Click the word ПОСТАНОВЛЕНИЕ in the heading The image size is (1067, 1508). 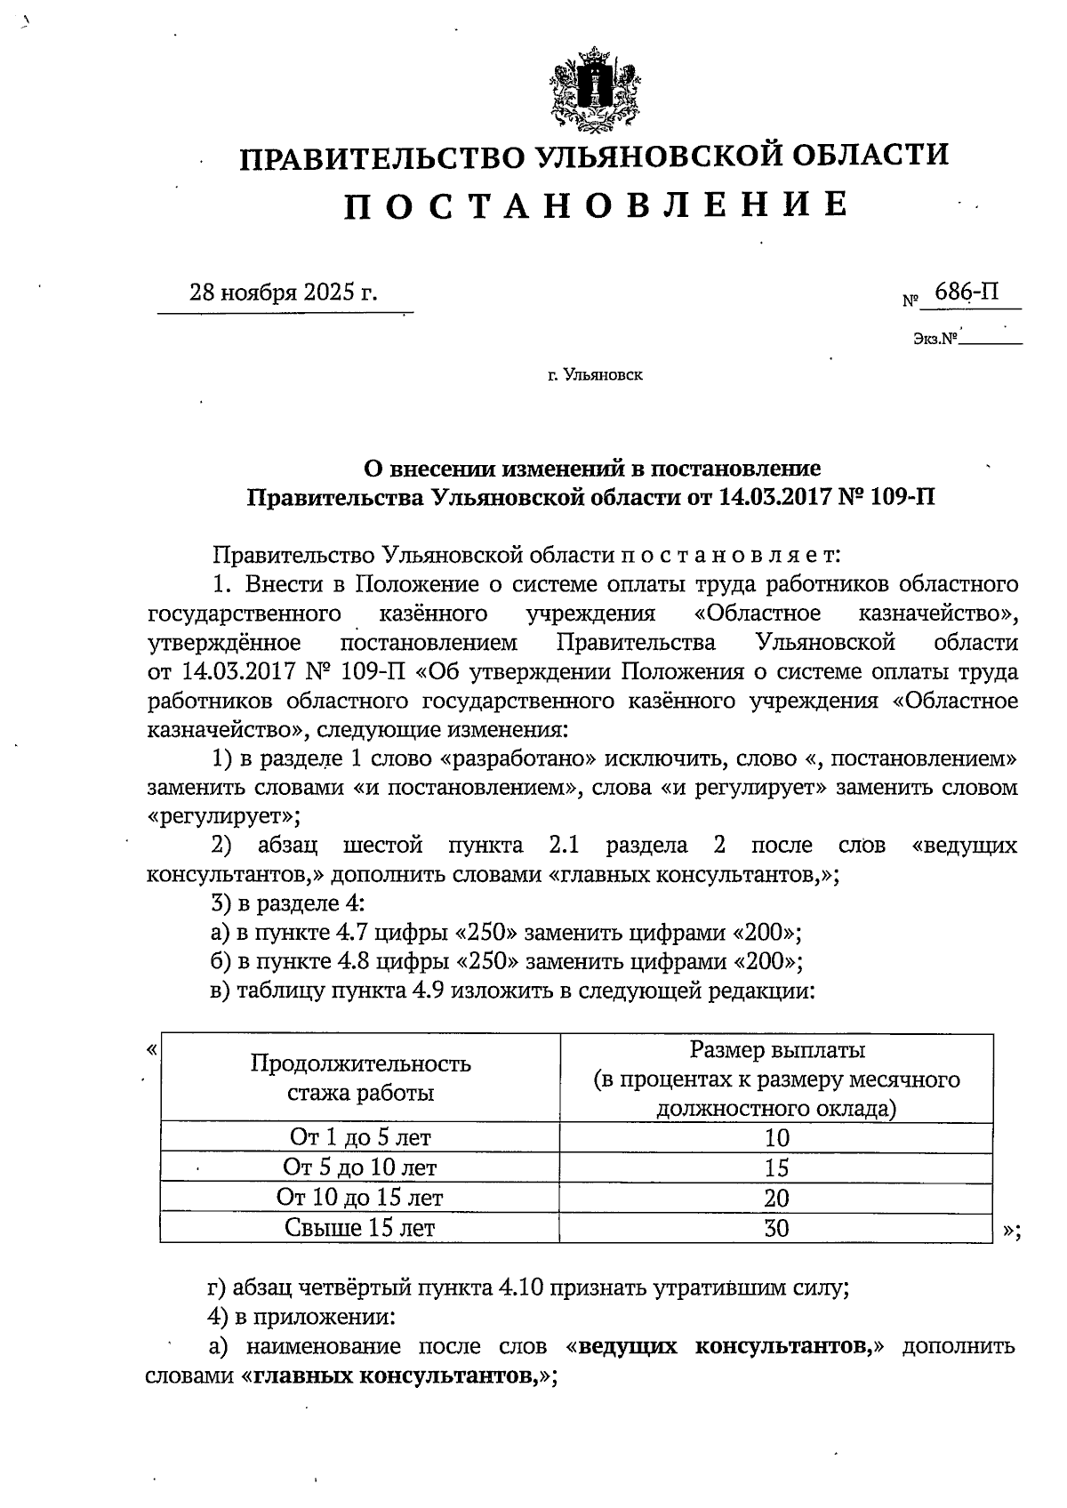(x=597, y=205)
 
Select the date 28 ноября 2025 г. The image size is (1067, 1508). (x=283, y=293)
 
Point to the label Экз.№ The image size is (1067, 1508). (x=934, y=339)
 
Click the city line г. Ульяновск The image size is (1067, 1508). (x=596, y=375)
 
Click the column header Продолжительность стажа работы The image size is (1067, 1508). (x=360, y=1078)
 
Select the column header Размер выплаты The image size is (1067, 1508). (x=777, y=1050)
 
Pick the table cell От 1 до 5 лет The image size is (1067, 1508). (x=360, y=1136)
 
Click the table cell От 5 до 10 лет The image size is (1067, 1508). (x=360, y=1167)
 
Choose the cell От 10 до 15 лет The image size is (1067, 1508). (x=360, y=1197)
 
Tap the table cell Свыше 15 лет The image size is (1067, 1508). (x=360, y=1227)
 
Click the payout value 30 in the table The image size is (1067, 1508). (x=776, y=1228)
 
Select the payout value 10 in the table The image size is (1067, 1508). (x=776, y=1137)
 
